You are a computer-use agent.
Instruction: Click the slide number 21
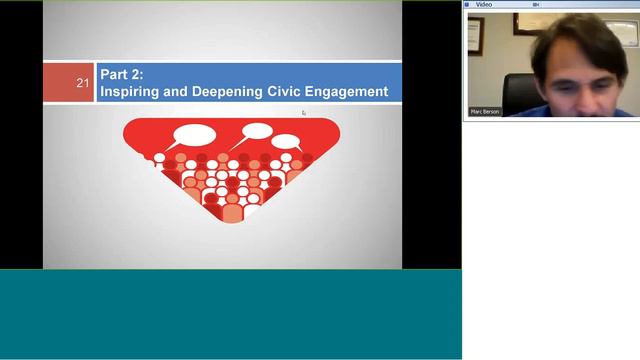(x=83, y=83)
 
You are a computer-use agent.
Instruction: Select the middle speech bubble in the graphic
(x=257, y=130)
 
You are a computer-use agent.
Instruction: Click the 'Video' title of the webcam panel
(x=484, y=4)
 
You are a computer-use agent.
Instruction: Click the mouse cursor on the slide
(x=304, y=113)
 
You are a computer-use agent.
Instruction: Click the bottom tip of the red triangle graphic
(x=232, y=219)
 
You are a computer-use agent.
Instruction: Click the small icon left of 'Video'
(x=468, y=4)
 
